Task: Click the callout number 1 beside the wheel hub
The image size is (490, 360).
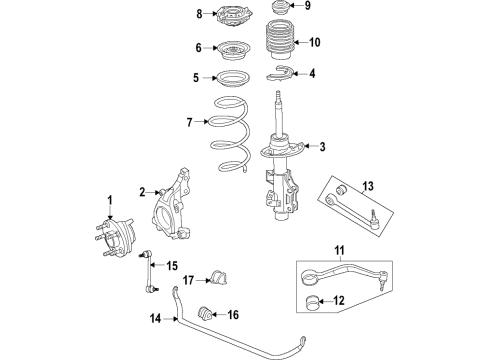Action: (109, 200)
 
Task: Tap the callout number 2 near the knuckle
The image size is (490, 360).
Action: (143, 192)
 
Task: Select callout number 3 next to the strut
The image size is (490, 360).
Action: (322, 148)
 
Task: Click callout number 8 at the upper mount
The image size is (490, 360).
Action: (198, 13)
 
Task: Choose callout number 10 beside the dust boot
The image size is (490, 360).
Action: (315, 42)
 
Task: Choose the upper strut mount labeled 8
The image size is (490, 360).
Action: (232, 16)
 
